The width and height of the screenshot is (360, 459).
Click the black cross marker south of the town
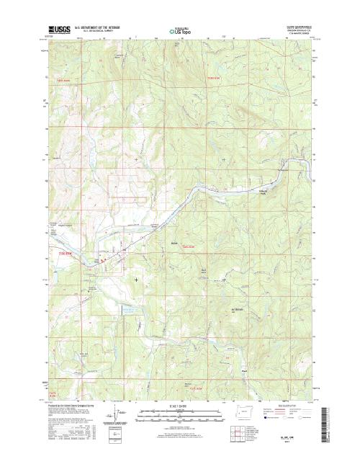point(136,279)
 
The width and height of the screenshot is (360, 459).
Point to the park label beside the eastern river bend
point(264,191)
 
